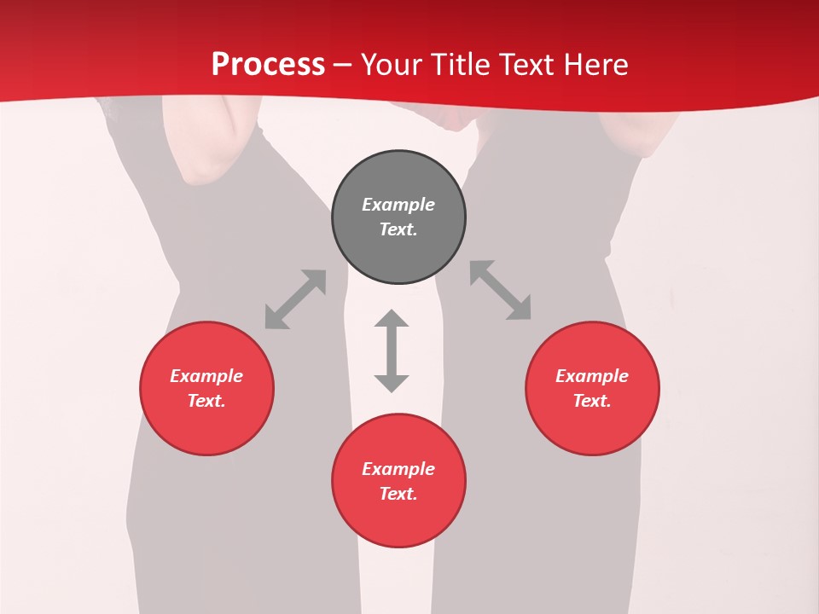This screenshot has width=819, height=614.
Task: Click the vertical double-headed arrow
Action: (392, 350)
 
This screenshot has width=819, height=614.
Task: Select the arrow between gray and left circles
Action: (295, 299)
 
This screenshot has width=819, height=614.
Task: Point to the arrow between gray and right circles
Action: (501, 291)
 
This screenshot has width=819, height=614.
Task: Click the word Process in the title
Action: (268, 65)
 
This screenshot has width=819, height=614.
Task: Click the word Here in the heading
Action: (596, 65)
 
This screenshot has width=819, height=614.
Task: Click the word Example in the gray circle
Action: (398, 205)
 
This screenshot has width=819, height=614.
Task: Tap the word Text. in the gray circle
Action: (398, 230)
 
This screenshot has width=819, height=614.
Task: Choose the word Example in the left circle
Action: (206, 376)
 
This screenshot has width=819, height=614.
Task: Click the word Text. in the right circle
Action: (592, 401)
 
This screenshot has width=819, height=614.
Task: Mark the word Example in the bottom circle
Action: (398, 469)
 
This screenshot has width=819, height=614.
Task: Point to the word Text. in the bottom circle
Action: (398, 494)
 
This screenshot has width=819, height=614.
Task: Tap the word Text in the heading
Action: (526, 65)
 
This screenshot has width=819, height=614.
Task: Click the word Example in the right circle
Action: (592, 376)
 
